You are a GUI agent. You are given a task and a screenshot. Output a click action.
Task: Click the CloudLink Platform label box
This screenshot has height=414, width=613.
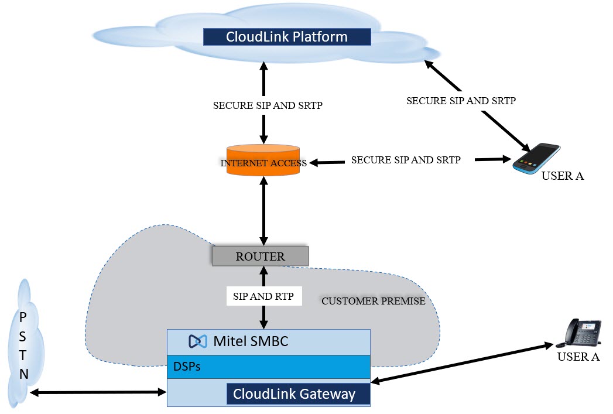[287, 37]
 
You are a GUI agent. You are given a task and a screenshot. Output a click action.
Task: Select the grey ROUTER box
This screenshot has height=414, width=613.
[260, 256]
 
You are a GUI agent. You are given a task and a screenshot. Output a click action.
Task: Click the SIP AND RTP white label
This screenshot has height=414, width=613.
[264, 296]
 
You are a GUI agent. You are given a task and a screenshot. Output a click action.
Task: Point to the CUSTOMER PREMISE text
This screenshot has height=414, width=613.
[373, 301]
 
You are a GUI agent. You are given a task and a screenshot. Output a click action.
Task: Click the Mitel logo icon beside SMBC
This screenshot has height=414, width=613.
[198, 341]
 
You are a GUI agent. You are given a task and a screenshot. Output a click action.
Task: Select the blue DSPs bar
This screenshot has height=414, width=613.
[269, 367]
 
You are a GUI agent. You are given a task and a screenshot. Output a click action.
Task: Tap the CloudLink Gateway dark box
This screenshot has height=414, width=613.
[299, 394]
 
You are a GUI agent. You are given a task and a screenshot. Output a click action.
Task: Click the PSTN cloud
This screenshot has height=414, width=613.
[23, 345]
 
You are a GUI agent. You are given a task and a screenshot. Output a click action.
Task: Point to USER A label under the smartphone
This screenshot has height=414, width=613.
[563, 176]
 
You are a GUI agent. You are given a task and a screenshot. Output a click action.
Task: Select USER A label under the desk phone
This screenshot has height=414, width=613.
[578, 357]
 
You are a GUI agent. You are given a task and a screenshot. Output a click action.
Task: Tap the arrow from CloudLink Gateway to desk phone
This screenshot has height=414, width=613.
[463, 364]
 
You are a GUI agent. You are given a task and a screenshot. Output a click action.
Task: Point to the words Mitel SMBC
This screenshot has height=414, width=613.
[251, 341]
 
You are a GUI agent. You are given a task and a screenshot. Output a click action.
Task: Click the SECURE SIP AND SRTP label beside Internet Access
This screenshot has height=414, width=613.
[406, 160]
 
